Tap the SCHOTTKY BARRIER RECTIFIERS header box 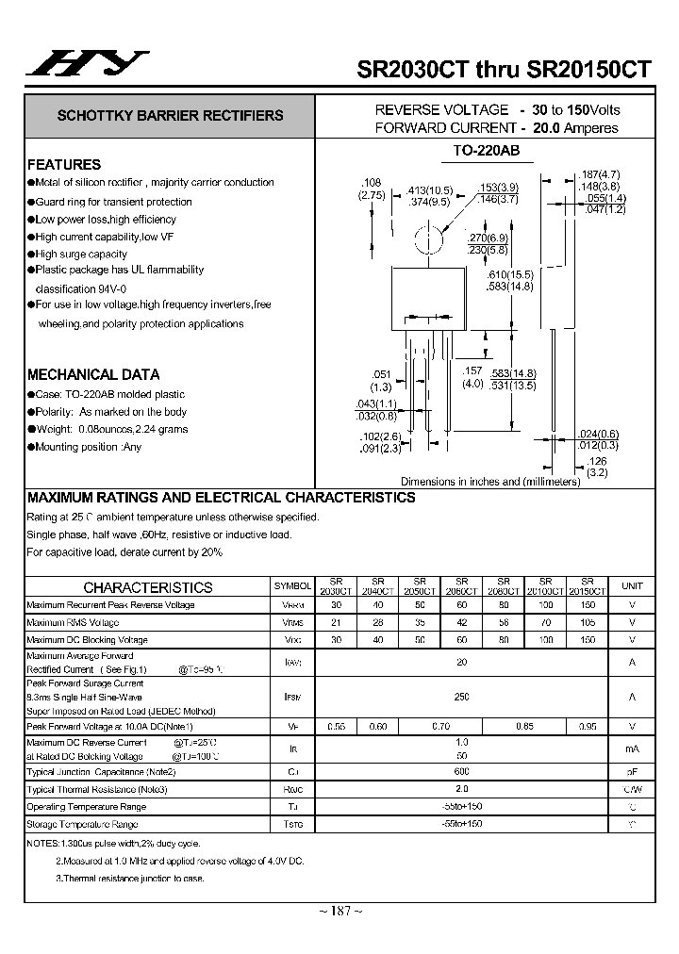click(170, 116)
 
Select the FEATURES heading click(64, 164)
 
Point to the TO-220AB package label click(487, 151)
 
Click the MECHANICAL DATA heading click(93, 374)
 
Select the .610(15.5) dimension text click(509, 273)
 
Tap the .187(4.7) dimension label click(601, 174)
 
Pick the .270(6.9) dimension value click(488, 239)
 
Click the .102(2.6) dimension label click(381, 436)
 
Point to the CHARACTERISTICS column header click(148, 586)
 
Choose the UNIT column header click(631, 586)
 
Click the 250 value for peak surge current click(461, 697)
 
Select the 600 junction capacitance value click(461, 771)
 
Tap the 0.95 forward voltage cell click(588, 726)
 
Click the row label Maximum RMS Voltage click(74, 622)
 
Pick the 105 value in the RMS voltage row click(588, 622)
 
